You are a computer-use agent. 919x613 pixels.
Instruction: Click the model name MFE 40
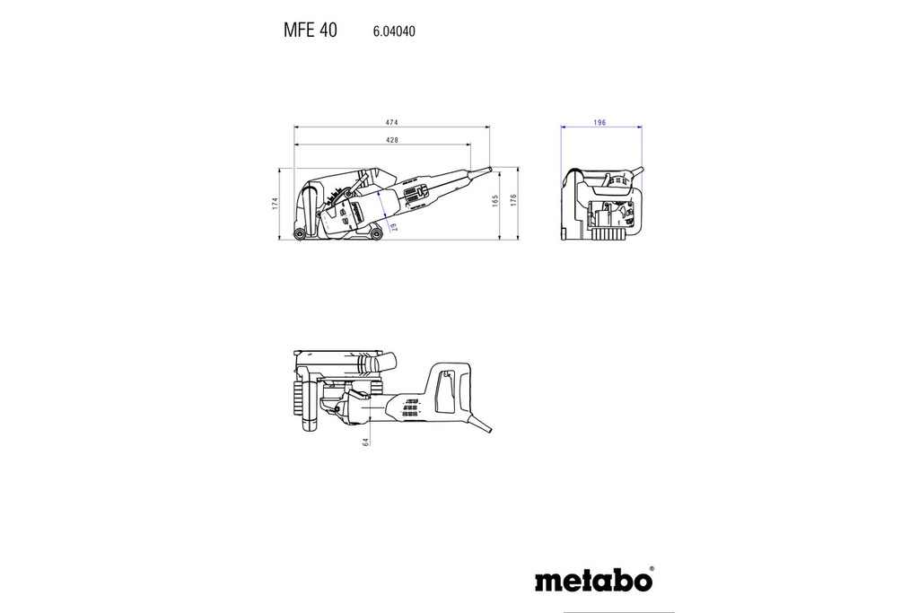click(310, 31)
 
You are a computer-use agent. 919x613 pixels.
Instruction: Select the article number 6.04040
click(393, 31)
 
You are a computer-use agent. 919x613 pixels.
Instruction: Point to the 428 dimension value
click(392, 140)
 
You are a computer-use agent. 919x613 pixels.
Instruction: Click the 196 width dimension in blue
click(600, 122)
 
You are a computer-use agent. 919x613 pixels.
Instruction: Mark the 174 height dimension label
click(276, 204)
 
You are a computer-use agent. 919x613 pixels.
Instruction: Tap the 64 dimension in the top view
click(366, 441)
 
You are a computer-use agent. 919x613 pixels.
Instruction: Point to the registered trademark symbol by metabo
click(652, 568)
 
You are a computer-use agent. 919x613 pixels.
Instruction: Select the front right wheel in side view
click(376, 235)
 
